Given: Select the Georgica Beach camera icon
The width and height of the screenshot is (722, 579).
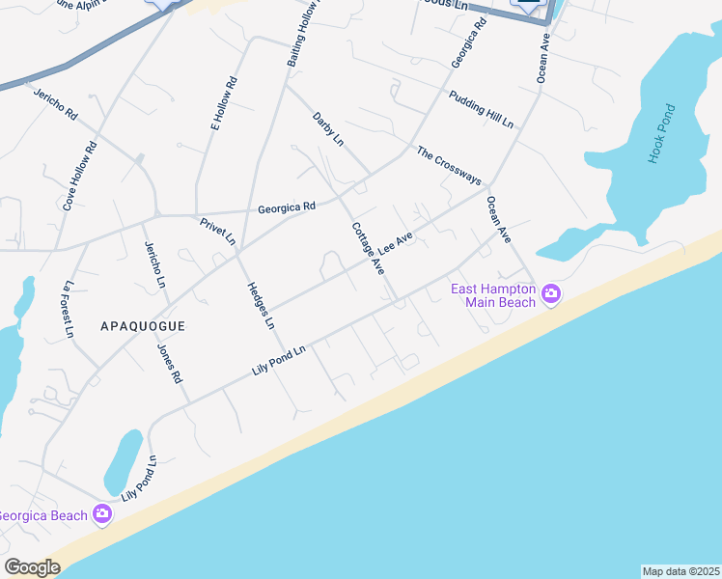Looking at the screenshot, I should (102, 514).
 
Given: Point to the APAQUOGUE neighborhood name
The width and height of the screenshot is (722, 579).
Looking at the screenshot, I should (142, 326).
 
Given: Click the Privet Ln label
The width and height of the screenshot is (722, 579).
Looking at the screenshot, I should (218, 231).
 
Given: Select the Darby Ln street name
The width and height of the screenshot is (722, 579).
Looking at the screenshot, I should (328, 129).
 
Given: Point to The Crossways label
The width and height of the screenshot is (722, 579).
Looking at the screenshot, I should (449, 165).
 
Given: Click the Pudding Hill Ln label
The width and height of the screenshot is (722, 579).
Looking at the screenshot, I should (481, 109).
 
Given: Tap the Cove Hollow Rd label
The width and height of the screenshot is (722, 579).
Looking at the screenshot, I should (80, 177).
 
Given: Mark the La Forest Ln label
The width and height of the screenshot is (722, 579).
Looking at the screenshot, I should (68, 308).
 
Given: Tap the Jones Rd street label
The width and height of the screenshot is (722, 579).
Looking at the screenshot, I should (169, 363).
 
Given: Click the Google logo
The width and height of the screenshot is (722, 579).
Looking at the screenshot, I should (32, 567).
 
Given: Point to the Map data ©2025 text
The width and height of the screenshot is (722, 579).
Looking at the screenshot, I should (680, 570).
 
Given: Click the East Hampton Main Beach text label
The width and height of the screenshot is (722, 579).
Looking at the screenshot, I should (493, 295).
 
